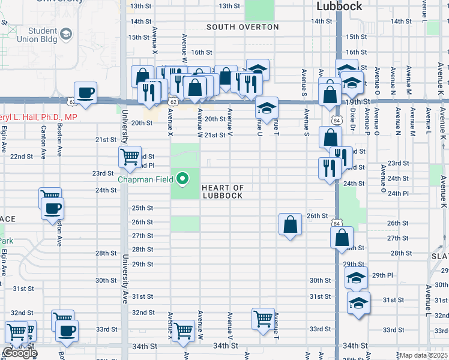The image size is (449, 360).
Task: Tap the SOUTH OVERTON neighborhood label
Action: pyautogui.click(x=243, y=27)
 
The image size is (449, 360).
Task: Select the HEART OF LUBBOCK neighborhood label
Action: pyautogui.click(x=222, y=192)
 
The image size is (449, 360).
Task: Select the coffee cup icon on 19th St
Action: pyautogui.click(x=85, y=92)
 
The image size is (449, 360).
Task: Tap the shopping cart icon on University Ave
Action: pyautogui.click(x=130, y=157)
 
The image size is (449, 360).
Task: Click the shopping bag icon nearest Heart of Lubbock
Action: pyautogui.click(x=290, y=224)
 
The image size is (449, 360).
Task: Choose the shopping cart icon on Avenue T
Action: pyautogui.click(x=263, y=319)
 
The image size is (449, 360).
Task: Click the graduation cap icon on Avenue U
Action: pyautogui.click(x=267, y=108)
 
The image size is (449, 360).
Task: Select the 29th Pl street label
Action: pyautogui.click(x=382, y=275)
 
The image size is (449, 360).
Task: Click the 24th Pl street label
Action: pyautogui.click(x=398, y=193)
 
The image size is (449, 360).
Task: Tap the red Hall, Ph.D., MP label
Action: pyautogui.click(x=37, y=117)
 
